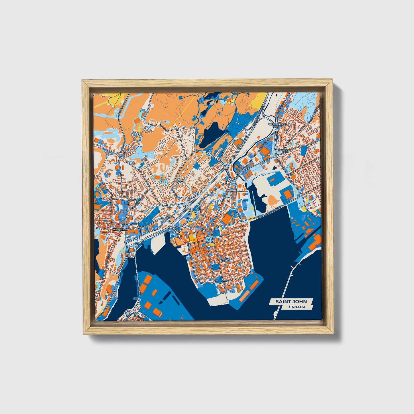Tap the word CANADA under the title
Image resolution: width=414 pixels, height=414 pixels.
click(x=297, y=307)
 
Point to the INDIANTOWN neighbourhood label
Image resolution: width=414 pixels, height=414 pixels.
click(x=120, y=229)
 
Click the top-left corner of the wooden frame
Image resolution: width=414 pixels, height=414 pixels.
click(x=83, y=81)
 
